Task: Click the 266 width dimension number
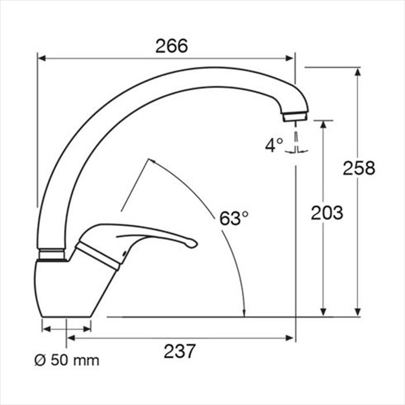(171, 46)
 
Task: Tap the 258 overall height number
(359, 168)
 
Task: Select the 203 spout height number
(327, 213)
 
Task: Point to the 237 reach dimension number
(179, 351)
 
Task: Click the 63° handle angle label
(234, 218)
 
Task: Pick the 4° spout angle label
(274, 145)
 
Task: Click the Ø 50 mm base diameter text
(67, 360)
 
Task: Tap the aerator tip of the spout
(295, 117)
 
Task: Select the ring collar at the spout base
(52, 254)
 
